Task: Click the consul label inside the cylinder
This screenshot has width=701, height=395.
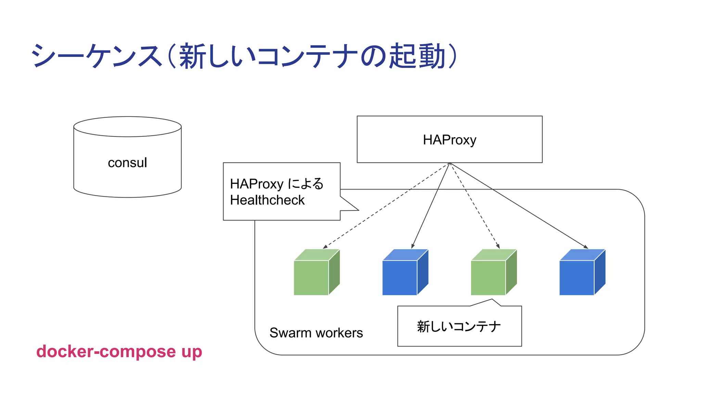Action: click(x=127, y=163)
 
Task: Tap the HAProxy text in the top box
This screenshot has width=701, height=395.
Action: click(x=449, y=140)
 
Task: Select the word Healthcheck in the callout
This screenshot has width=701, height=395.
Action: click(x=267, y=200)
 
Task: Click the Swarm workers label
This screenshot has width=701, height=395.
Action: click(x=316, y=333)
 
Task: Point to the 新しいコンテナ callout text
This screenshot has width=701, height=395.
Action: click(x=459, y=326)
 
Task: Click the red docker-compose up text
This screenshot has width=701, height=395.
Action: click(x=119, y=352)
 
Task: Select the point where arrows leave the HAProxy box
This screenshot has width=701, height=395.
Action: click(x=449, y=163)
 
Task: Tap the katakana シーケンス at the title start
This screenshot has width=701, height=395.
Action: click(x=96, y=56)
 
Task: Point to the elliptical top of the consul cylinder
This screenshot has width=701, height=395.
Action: click(x=127, y=127)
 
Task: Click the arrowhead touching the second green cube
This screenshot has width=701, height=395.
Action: click(x=498, y=247)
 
